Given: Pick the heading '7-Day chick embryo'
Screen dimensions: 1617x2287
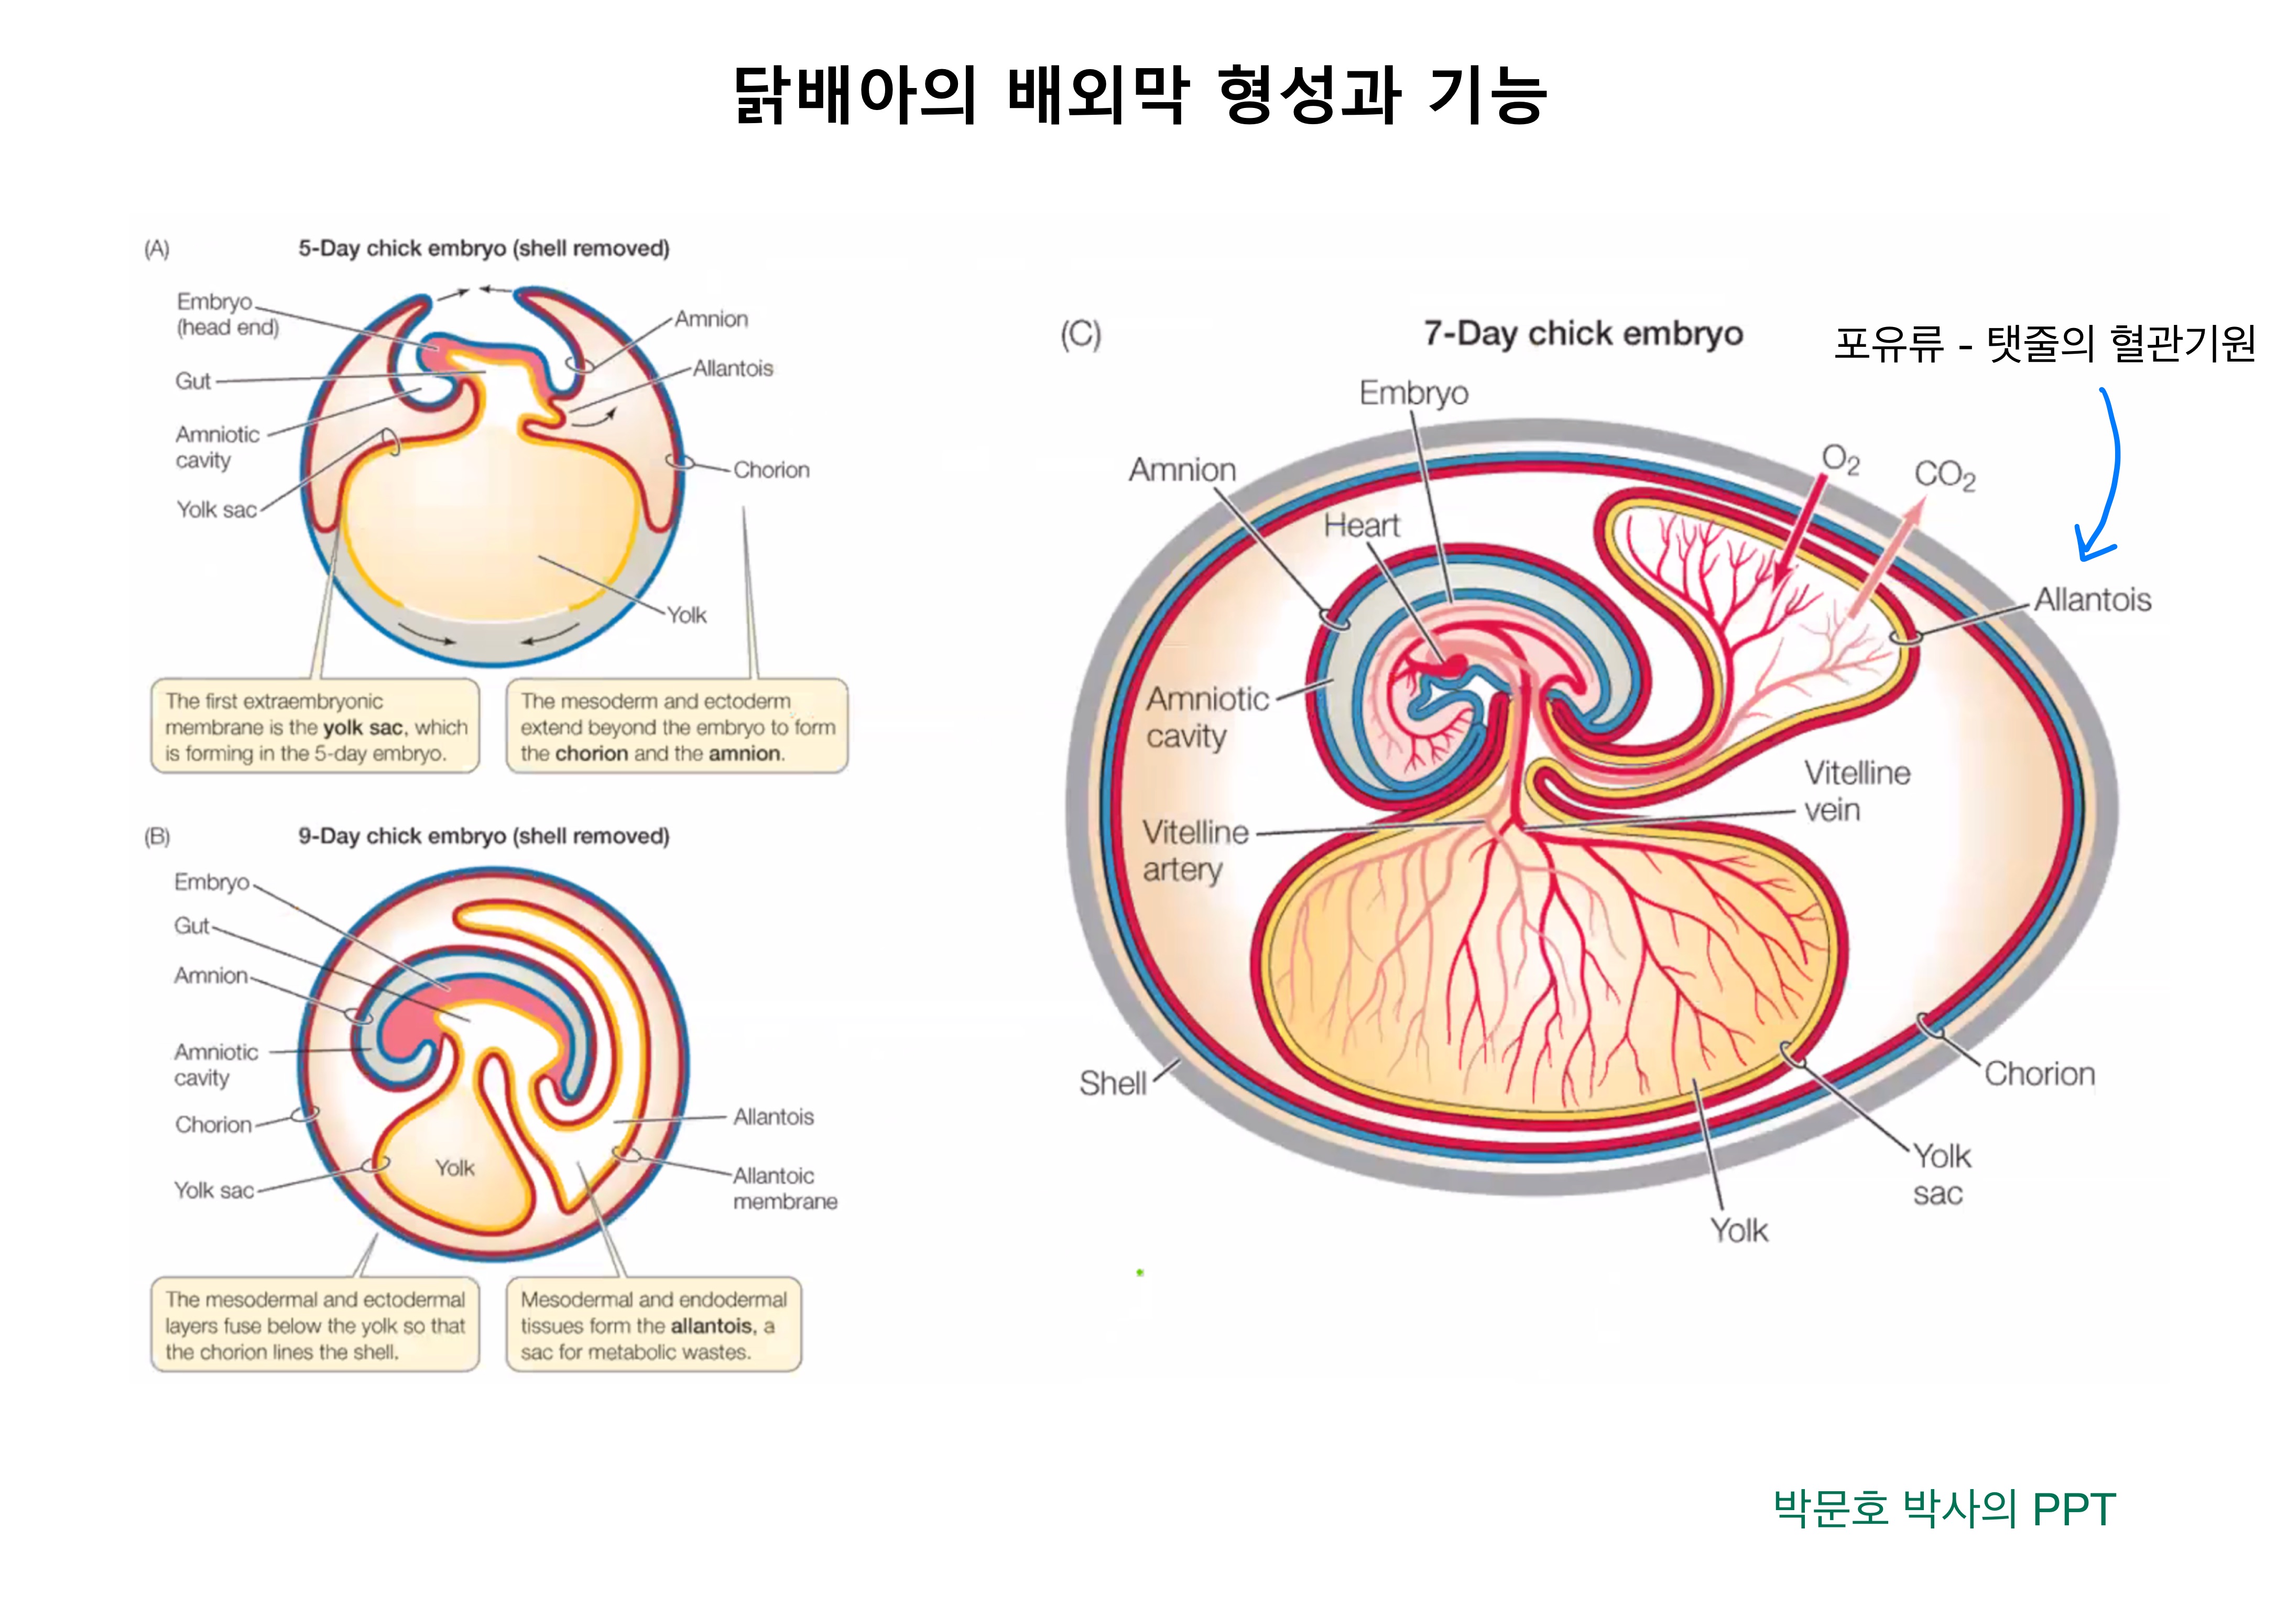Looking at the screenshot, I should (1583, 334).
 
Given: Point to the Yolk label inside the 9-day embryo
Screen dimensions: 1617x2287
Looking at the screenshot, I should (454, 1168).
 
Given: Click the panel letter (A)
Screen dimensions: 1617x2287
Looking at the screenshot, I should (157, 249).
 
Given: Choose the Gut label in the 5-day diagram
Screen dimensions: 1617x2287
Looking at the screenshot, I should (193, 381).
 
